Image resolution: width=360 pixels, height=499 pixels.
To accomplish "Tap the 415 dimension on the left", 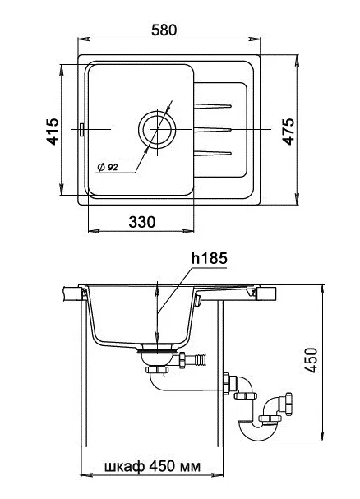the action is pos(53,132).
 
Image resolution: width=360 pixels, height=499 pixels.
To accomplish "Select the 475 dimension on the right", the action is pos(288,132).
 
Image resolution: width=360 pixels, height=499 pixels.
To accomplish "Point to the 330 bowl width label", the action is pos(142,222).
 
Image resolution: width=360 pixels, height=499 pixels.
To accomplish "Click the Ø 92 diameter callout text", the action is pos(108,167).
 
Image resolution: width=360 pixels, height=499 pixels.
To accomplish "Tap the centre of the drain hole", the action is pos(157,130).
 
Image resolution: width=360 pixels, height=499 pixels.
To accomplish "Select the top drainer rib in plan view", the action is pos(213,106).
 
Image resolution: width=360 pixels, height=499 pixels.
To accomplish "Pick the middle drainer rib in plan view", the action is pos(213,130).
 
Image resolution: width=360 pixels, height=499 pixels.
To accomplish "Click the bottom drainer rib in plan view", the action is pos(213,154).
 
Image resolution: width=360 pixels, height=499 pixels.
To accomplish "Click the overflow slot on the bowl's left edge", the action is pos(82,130).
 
